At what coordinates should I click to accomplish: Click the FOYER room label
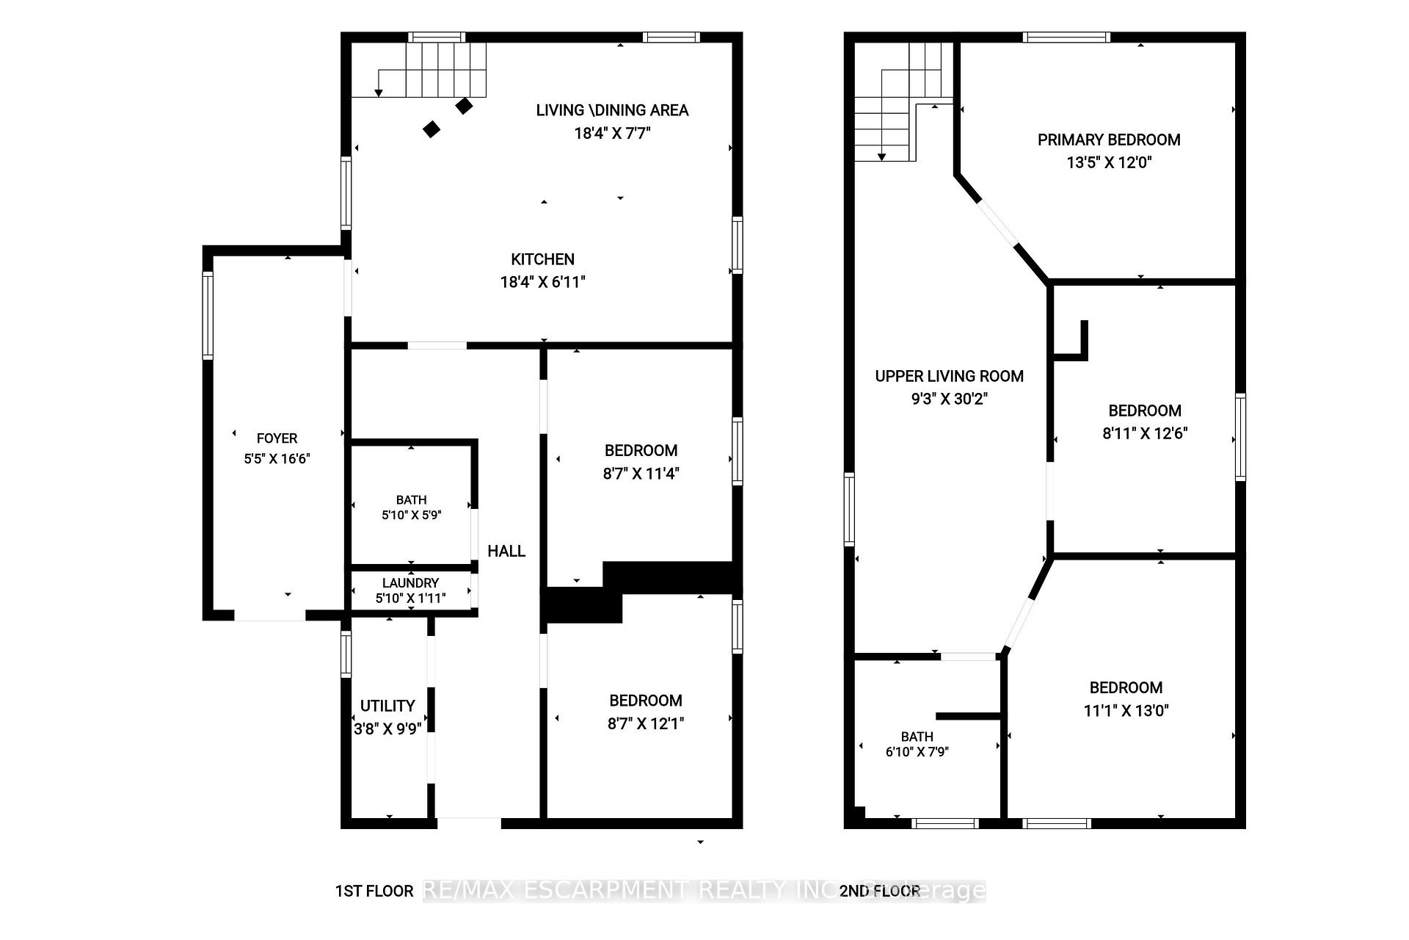point(277,438)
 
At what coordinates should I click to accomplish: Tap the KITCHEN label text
point(542,259)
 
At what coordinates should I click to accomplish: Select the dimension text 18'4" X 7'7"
point(612,133)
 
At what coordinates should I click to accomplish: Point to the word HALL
point(506,551)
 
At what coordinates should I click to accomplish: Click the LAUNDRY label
point(410,583)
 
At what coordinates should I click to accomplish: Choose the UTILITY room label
point(387,706)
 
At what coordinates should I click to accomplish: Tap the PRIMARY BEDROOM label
point(1109,140)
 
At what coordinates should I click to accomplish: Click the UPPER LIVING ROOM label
point(949,376)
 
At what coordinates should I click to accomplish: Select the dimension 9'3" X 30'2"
point(949,399)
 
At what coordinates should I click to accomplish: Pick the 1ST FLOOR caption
point(374,891)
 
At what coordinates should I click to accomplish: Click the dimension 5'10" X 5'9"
point(411,516)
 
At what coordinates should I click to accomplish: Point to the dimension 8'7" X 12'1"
point(646,723)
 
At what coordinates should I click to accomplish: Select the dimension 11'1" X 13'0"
point(1126,710)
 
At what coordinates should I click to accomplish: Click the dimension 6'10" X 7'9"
point(917,751)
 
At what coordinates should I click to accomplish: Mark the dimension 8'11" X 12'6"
point(1145,433)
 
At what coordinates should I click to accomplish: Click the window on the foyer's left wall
point(208,316)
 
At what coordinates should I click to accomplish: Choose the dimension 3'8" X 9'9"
point(387,728)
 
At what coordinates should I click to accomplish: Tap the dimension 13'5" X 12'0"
point(1109,162)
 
